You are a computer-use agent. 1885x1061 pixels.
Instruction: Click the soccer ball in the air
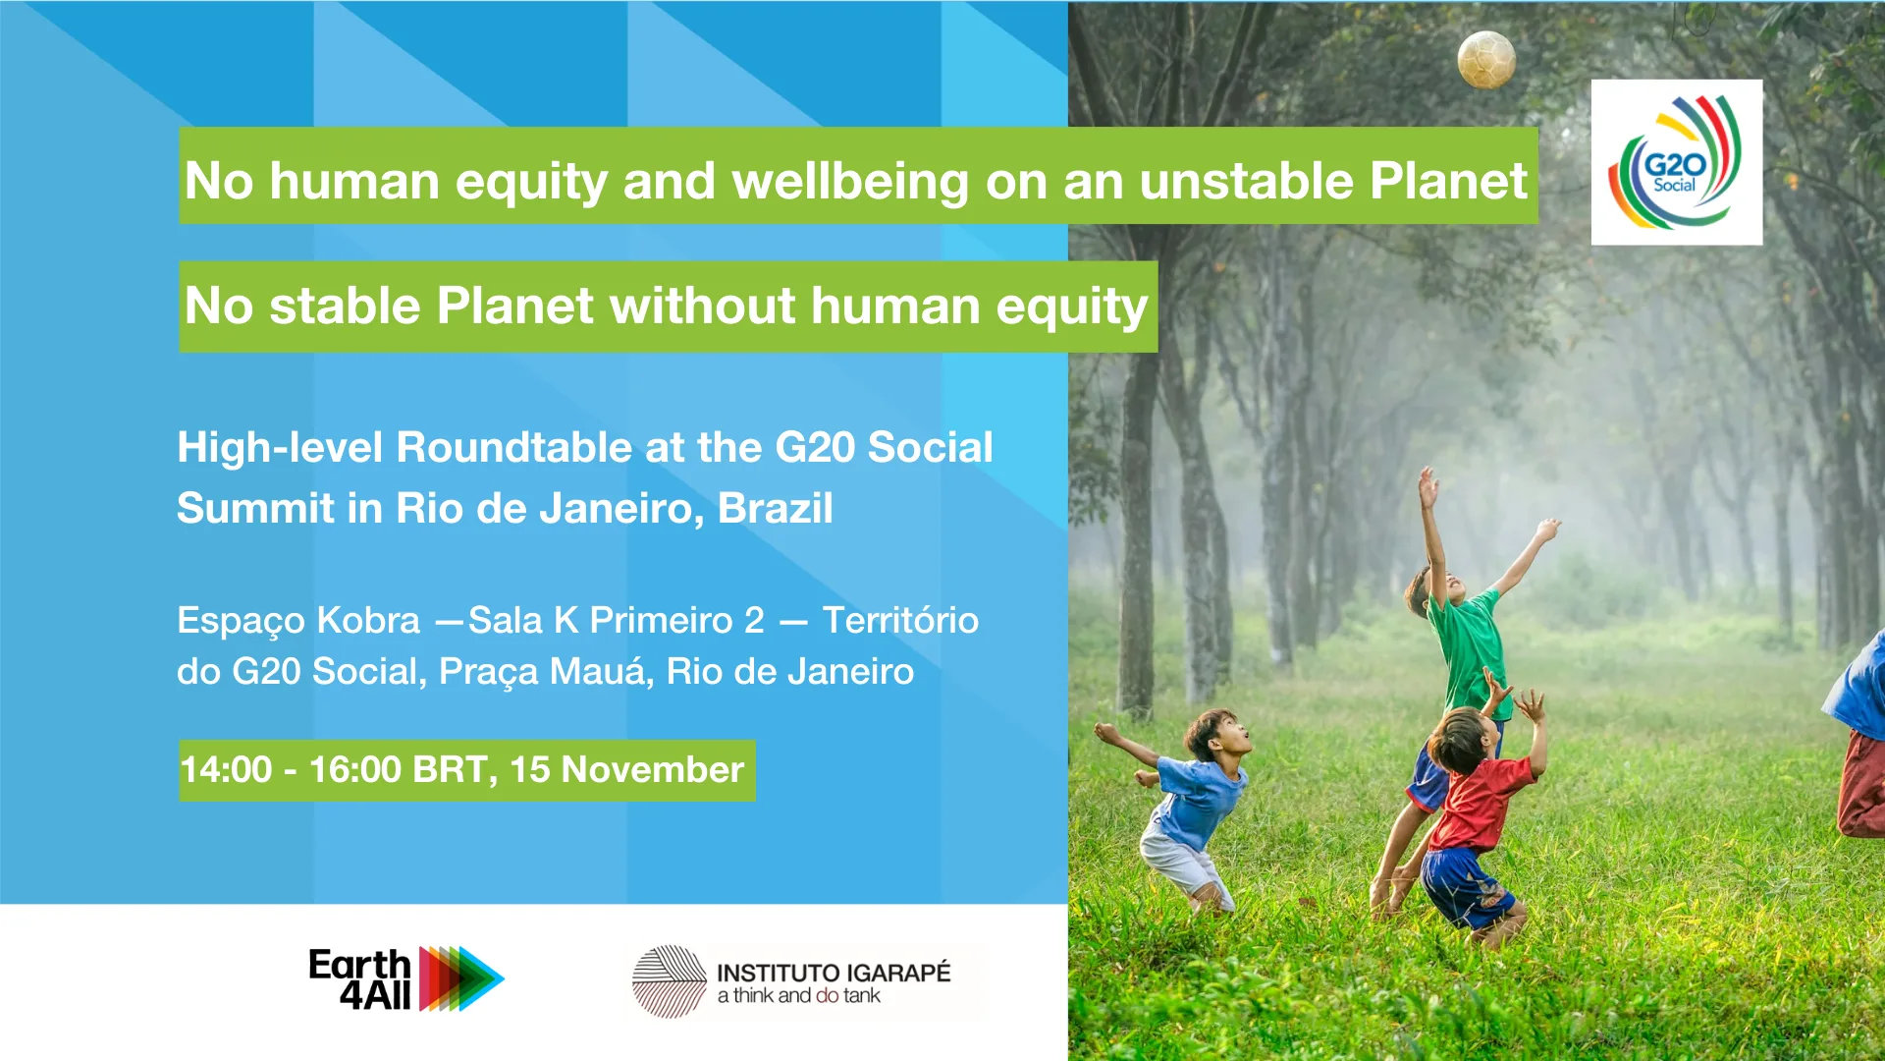point(1486,59)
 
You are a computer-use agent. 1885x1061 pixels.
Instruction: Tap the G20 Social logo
point(1676,162)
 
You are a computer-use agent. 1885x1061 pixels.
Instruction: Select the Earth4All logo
point(406,978)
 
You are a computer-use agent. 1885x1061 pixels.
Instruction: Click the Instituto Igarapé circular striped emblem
point(669,980)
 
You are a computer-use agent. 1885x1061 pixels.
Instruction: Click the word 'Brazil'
point(776,508)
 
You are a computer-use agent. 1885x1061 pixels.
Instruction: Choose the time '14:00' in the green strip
point(226,769)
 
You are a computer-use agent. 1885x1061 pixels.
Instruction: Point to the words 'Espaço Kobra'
point(298,621)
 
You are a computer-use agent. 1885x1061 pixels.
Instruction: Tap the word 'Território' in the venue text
point(900,620)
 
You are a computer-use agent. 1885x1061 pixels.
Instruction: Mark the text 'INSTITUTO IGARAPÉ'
point(834,973)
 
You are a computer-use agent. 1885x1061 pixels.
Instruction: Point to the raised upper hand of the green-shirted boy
point(1427,485)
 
